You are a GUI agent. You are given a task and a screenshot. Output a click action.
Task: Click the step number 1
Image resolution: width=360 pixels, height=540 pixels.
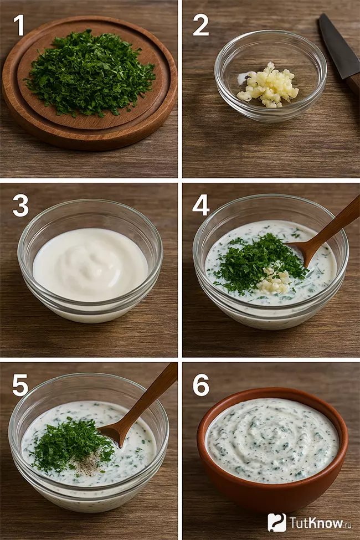point(19,25)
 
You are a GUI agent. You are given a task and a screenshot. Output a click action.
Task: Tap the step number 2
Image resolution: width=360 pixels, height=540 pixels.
point(201,25)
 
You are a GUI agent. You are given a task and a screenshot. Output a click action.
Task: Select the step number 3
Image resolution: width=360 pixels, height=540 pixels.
point(20,205)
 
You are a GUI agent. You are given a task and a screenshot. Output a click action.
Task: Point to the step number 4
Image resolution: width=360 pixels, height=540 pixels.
point(201,205)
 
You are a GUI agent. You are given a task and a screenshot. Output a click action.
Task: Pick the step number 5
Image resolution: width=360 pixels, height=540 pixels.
point(20,385)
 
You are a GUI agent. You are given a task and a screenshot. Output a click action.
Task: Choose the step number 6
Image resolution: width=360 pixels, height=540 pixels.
point(201,385)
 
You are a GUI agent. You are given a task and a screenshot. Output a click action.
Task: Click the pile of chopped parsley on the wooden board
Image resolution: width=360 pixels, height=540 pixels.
point(90,73)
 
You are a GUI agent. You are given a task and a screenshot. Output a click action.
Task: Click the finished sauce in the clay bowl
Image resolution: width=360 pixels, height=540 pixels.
point(272,441)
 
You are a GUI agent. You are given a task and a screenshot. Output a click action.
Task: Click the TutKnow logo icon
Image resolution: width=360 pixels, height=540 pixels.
point(277,522)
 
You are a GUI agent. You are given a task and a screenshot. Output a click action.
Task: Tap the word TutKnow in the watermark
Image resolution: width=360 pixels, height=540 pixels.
point(316,523)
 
